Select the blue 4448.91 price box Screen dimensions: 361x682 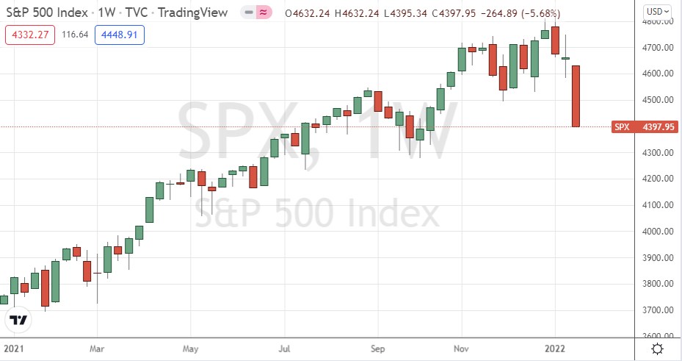coord(120,35)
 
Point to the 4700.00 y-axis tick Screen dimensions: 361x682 coord(655,48)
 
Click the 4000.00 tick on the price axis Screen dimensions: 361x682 coord(655,232)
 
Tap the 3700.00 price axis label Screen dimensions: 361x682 coord(655,310)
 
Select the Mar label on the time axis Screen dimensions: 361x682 coord(96,348)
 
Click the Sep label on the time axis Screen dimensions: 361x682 coord(377,348)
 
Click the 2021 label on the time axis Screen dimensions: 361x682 coord(14,348)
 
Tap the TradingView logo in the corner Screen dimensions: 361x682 coord(19,321)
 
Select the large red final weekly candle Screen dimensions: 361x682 coord(576,96)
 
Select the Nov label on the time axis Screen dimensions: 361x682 coord(462,348)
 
